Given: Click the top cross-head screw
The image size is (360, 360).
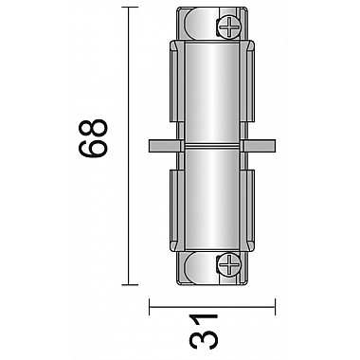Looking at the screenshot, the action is pyautogui.click(x=229, y=28).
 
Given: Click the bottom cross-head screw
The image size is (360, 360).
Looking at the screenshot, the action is pyautogui.click(x=229, y=263).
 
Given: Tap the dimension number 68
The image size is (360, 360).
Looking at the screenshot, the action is pyautogui.click(x=93, y=137).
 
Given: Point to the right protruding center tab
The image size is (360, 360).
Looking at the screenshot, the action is pyautogui.click(x=259, y=146).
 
